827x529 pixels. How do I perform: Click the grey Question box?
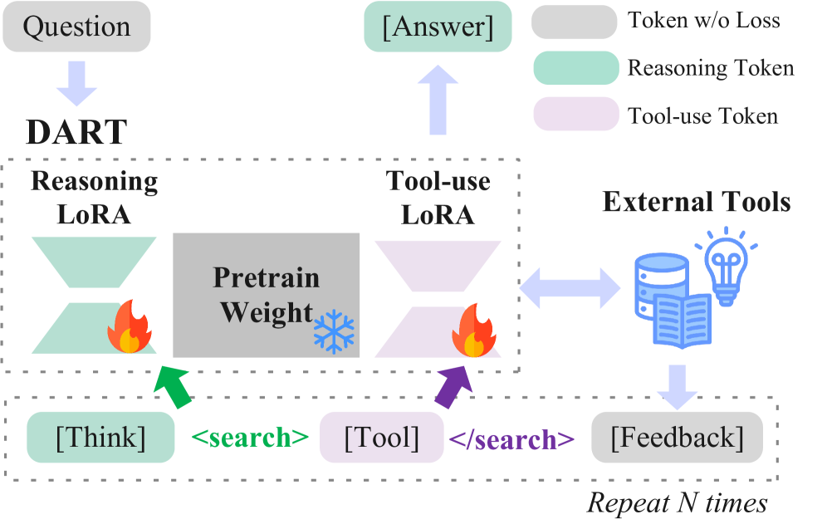76,27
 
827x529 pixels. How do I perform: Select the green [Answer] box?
437,27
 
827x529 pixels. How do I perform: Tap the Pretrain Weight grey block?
266,296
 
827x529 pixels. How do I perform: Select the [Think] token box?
100,438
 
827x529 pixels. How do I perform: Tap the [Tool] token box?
382,438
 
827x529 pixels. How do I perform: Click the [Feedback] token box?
677,438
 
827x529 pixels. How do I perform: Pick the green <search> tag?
250,438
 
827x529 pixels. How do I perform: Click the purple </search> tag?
511,438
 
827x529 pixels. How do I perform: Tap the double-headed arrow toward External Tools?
570,287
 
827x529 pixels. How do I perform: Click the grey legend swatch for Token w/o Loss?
575,21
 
